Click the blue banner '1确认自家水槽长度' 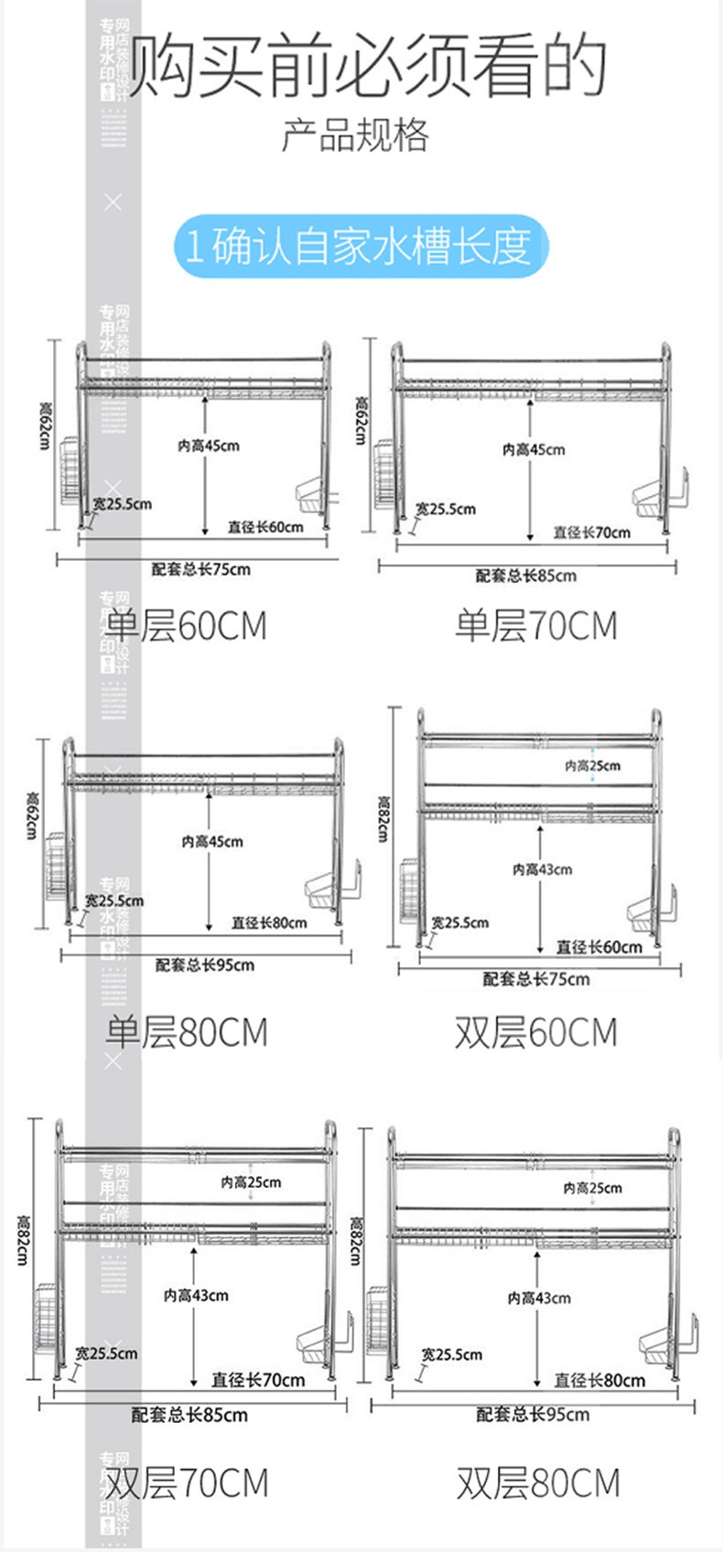361,246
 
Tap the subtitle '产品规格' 354,135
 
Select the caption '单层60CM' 186,626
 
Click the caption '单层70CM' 536,626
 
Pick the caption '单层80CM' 186,1032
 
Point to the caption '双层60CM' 536,1032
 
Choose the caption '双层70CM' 186,1483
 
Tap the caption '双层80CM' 538,1483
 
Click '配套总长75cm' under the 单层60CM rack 200,569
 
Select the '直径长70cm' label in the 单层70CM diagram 591,532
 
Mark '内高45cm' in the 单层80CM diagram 211,841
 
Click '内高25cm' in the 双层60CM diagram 592,766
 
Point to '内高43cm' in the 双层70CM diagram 196,1295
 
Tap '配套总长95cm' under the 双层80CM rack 533,1415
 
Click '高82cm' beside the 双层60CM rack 383,818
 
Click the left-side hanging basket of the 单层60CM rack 70,473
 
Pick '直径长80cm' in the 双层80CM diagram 599,1380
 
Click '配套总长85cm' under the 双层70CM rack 189,1415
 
